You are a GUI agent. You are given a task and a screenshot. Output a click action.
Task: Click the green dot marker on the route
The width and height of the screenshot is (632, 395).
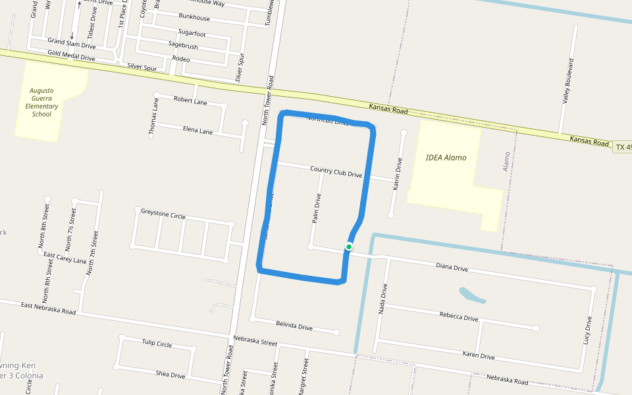pos(349,247)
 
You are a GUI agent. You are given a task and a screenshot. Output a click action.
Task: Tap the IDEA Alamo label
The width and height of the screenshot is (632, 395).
pos(446,158)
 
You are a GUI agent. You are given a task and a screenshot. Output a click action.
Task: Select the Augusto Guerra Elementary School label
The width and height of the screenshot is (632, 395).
pos(41,102)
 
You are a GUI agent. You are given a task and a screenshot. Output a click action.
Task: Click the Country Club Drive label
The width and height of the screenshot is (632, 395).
pos(336,172)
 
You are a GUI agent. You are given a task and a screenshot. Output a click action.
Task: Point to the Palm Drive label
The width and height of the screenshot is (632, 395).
pos(317,209)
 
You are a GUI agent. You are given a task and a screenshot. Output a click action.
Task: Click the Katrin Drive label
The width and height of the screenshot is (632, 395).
pos(397,174)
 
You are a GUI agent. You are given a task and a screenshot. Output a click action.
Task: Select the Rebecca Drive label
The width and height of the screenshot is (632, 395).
pos(459,317)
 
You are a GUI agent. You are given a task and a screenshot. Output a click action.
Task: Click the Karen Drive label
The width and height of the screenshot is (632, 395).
pos(478,356)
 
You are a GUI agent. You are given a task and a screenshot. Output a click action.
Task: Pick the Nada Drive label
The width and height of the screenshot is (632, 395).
pos(384,300)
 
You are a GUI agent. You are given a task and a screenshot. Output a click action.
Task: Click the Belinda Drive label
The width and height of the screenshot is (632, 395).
pos(294,326)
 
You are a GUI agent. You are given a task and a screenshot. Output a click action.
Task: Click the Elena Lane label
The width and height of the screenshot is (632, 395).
pos(197,130)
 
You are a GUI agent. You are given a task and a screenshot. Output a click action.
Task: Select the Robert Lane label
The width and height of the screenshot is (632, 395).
pos(190,101)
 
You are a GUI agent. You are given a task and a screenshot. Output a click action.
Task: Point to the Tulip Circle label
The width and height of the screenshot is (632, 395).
pos(157,344)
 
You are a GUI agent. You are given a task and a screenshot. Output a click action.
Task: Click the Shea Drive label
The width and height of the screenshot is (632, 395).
pos(171,375)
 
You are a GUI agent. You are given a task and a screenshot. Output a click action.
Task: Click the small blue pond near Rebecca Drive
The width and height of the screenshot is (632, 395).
pos(471,295)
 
